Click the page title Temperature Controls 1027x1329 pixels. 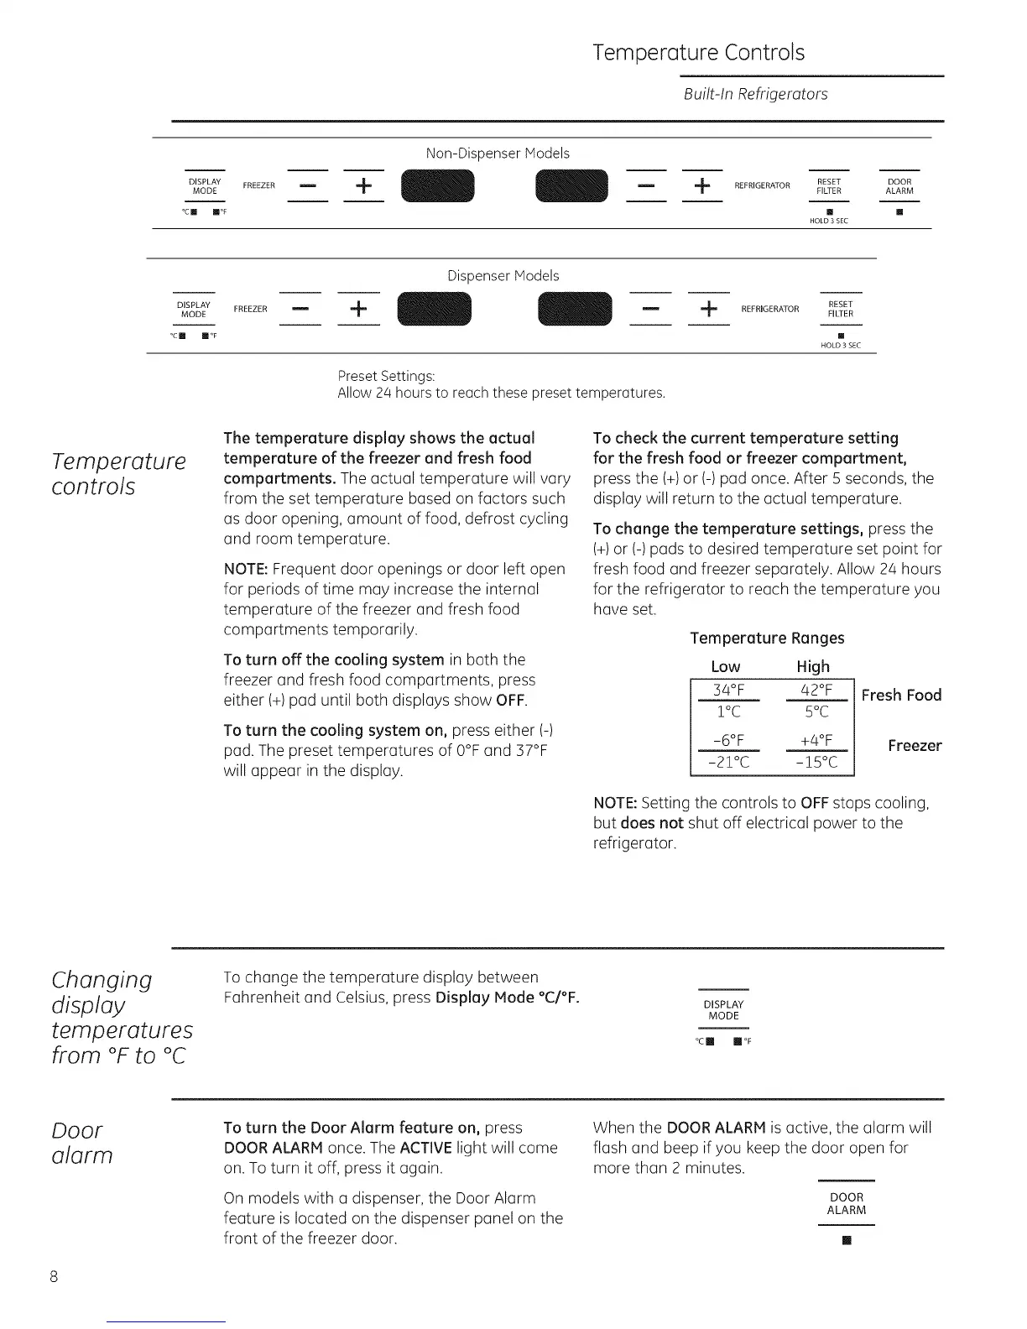[x=698, y=53]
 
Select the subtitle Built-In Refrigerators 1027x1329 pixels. [x=755, y=94]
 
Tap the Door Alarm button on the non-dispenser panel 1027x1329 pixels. [x=899, y=186]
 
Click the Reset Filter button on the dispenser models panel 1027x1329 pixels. [x=840, y=309]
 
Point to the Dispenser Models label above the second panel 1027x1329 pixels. [x=503, y=275]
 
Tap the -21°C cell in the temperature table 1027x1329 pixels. [x=728, y=762]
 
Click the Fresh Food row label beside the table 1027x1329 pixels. [x=901, y=695]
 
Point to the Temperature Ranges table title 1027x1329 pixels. [x=767, y=638]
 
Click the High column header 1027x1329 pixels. [x=813, y=666]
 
